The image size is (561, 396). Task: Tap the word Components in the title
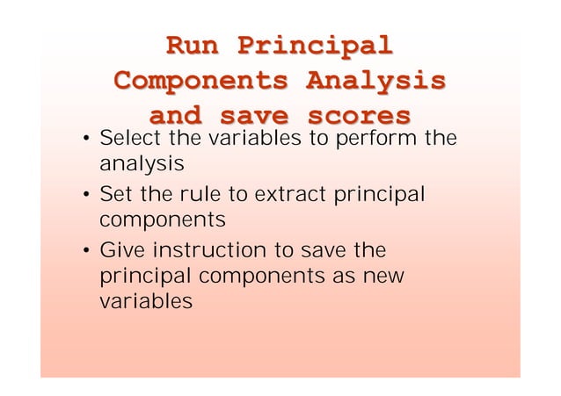(x=201, y=81)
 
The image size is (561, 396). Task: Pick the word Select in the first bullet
(x=127, y=139)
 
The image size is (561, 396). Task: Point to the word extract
(x=293, y=192)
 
